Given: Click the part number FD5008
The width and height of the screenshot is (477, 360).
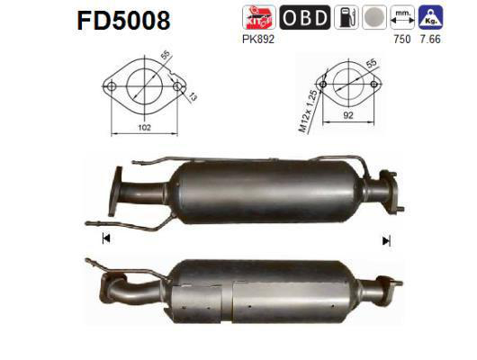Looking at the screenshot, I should point(118,19).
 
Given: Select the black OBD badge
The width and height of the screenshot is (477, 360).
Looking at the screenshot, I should point(304,17).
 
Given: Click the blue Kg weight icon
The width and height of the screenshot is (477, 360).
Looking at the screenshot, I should point(436,17).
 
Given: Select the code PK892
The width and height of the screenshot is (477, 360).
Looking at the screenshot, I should point(257,39).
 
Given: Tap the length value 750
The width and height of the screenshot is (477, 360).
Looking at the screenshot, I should point(403,39).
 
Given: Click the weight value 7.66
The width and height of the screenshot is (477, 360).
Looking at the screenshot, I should point(436,39).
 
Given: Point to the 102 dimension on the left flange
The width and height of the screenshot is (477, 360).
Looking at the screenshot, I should point(143,129).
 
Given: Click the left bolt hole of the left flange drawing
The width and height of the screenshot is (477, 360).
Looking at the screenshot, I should point(112,87).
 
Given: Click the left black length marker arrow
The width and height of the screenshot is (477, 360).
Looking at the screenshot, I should point(106,238).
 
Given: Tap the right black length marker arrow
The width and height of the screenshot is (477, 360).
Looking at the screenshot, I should point(386,240).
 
